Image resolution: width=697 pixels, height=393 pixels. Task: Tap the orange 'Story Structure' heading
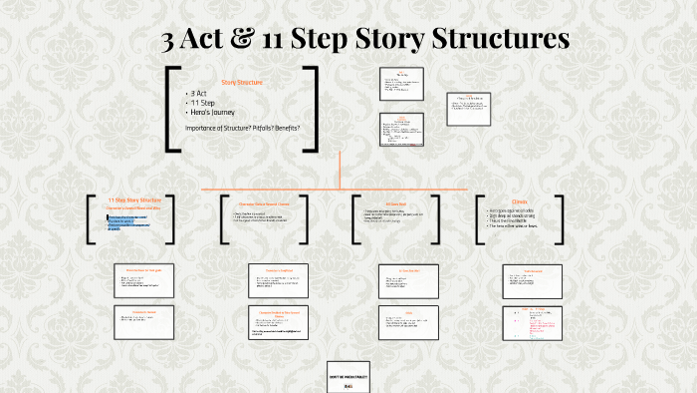click(x=241, y=81)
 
